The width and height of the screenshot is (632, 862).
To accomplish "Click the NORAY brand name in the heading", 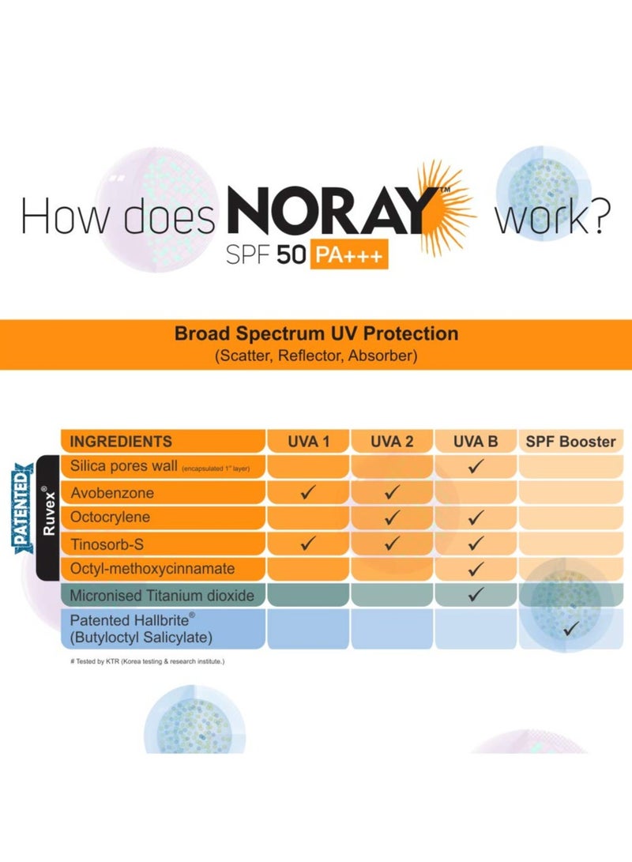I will pyautogui.click(x=332, y=214).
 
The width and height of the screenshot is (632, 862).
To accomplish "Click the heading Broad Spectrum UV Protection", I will pyautogui.click(x=316, y=334).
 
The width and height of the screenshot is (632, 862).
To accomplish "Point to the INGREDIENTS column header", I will pyautogui.click(x=121, y=442).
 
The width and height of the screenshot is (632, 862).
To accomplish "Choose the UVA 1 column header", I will pyautogui.click(x=308, y=442).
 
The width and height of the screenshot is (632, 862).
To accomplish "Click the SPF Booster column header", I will pyautogui.click(x=570, y=442).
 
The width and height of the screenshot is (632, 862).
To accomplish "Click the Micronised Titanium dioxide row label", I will pyautogui.click(x=162, y=595).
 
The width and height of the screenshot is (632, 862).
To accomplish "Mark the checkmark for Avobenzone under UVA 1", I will pyautogui.click(x=308, y=493).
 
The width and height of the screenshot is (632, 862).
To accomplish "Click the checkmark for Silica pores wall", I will pyautogui.click(x=476, y=467).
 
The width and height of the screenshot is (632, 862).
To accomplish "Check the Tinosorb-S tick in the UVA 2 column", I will pyautogui.click(x=392, y=544).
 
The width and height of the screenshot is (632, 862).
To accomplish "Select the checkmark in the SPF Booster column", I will pyautogui.click(x=570, y=629).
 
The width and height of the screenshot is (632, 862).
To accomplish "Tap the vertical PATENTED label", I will pyautogui.click(x=24, y=506).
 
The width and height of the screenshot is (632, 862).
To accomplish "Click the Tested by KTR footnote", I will pyautogui.click(x=147, y=661).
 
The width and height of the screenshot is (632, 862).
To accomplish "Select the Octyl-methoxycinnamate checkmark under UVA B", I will pyautogui.click(x=476, y=569).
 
